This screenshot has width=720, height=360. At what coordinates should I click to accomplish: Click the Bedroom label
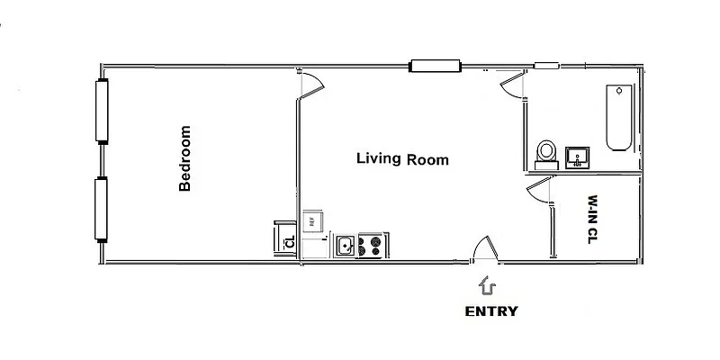click(185, 158)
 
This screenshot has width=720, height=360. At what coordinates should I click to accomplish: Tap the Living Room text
click(402, 159)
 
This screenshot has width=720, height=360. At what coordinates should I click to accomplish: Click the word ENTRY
click(490, 311)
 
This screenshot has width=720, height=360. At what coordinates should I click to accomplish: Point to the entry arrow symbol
click(489, 286)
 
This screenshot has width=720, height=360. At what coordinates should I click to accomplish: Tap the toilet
click(545, 154)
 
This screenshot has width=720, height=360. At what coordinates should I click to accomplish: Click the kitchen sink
click(346, 245)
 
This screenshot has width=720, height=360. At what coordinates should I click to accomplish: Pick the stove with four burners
click(370, 245)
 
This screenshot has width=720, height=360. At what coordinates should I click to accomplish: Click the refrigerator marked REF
click(311, 220)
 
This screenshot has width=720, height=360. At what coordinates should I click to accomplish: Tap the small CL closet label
click(288, 241)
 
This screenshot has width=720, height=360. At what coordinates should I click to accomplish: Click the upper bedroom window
click(102, 111)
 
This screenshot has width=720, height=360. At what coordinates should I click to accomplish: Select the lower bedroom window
click(102, 210)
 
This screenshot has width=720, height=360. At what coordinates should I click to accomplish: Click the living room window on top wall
click(436, 65)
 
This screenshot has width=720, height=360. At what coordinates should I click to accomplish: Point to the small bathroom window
click(546, 65)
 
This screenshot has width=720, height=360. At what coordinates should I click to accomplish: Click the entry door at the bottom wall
click(483, 248)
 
